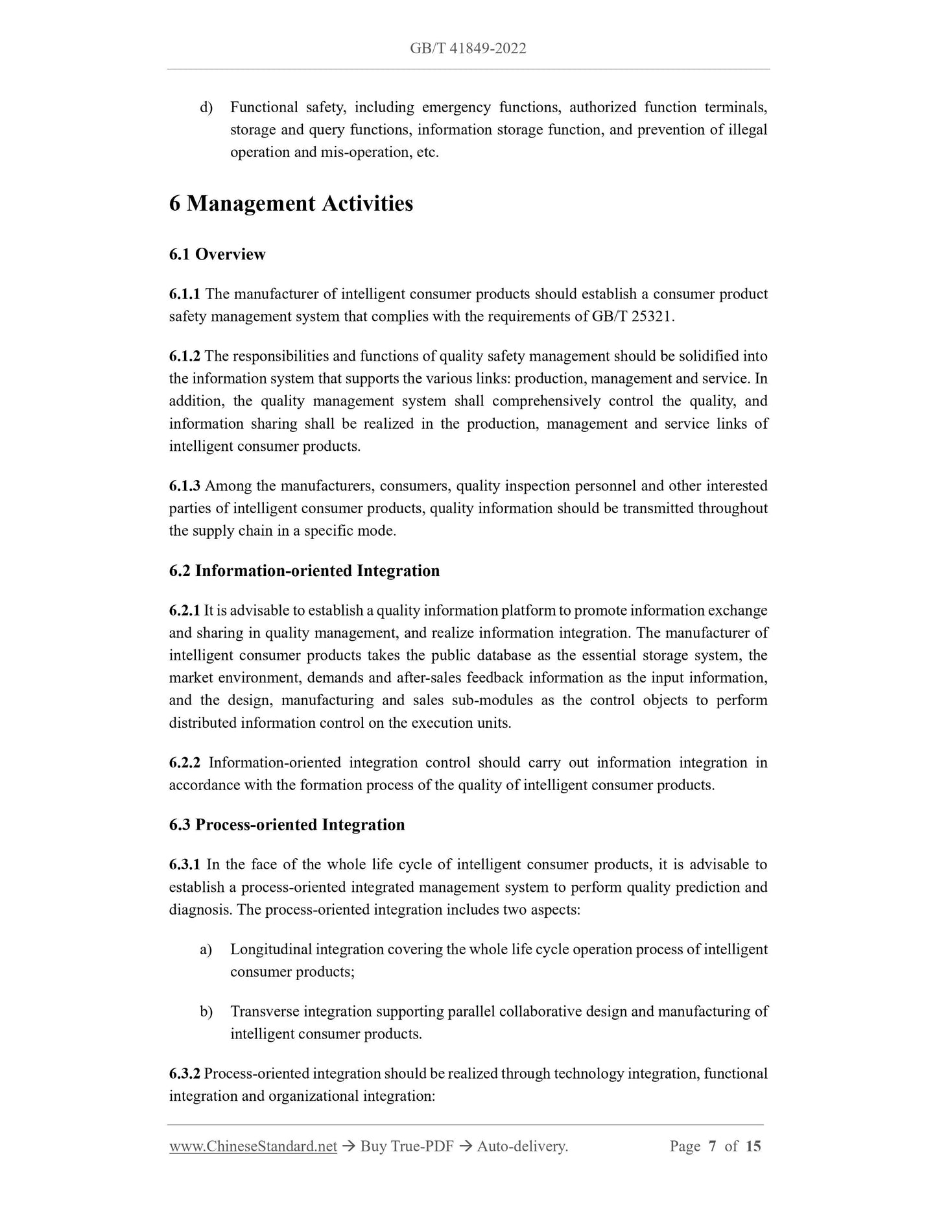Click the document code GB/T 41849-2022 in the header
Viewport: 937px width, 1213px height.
click(x=468, y=49)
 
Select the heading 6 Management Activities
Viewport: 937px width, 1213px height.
click(x=291, y=204)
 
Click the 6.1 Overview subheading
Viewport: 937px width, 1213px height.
click(x=217, y=254)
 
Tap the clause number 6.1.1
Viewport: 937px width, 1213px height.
click(x=185, y=294)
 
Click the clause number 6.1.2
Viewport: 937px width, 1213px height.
click(x=185, y=357)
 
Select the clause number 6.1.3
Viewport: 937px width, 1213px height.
click(x=185, y=486)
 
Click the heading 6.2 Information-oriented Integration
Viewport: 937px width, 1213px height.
click(x=304, y=571)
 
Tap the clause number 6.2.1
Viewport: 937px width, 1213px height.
click(x=185, y=611)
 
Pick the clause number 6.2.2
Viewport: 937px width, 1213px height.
click(x=185, y=763)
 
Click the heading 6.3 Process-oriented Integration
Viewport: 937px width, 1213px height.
click(x=287, y=825)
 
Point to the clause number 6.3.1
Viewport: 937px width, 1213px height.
click(x=185, y=865)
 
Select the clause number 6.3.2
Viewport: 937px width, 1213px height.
click(x=185, y=1074)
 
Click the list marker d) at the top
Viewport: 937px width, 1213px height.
click(x=206, y=108)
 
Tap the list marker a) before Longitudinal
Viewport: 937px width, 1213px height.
click(x=206, y=950)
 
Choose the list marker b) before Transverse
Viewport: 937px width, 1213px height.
click(x=206, y=1012)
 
